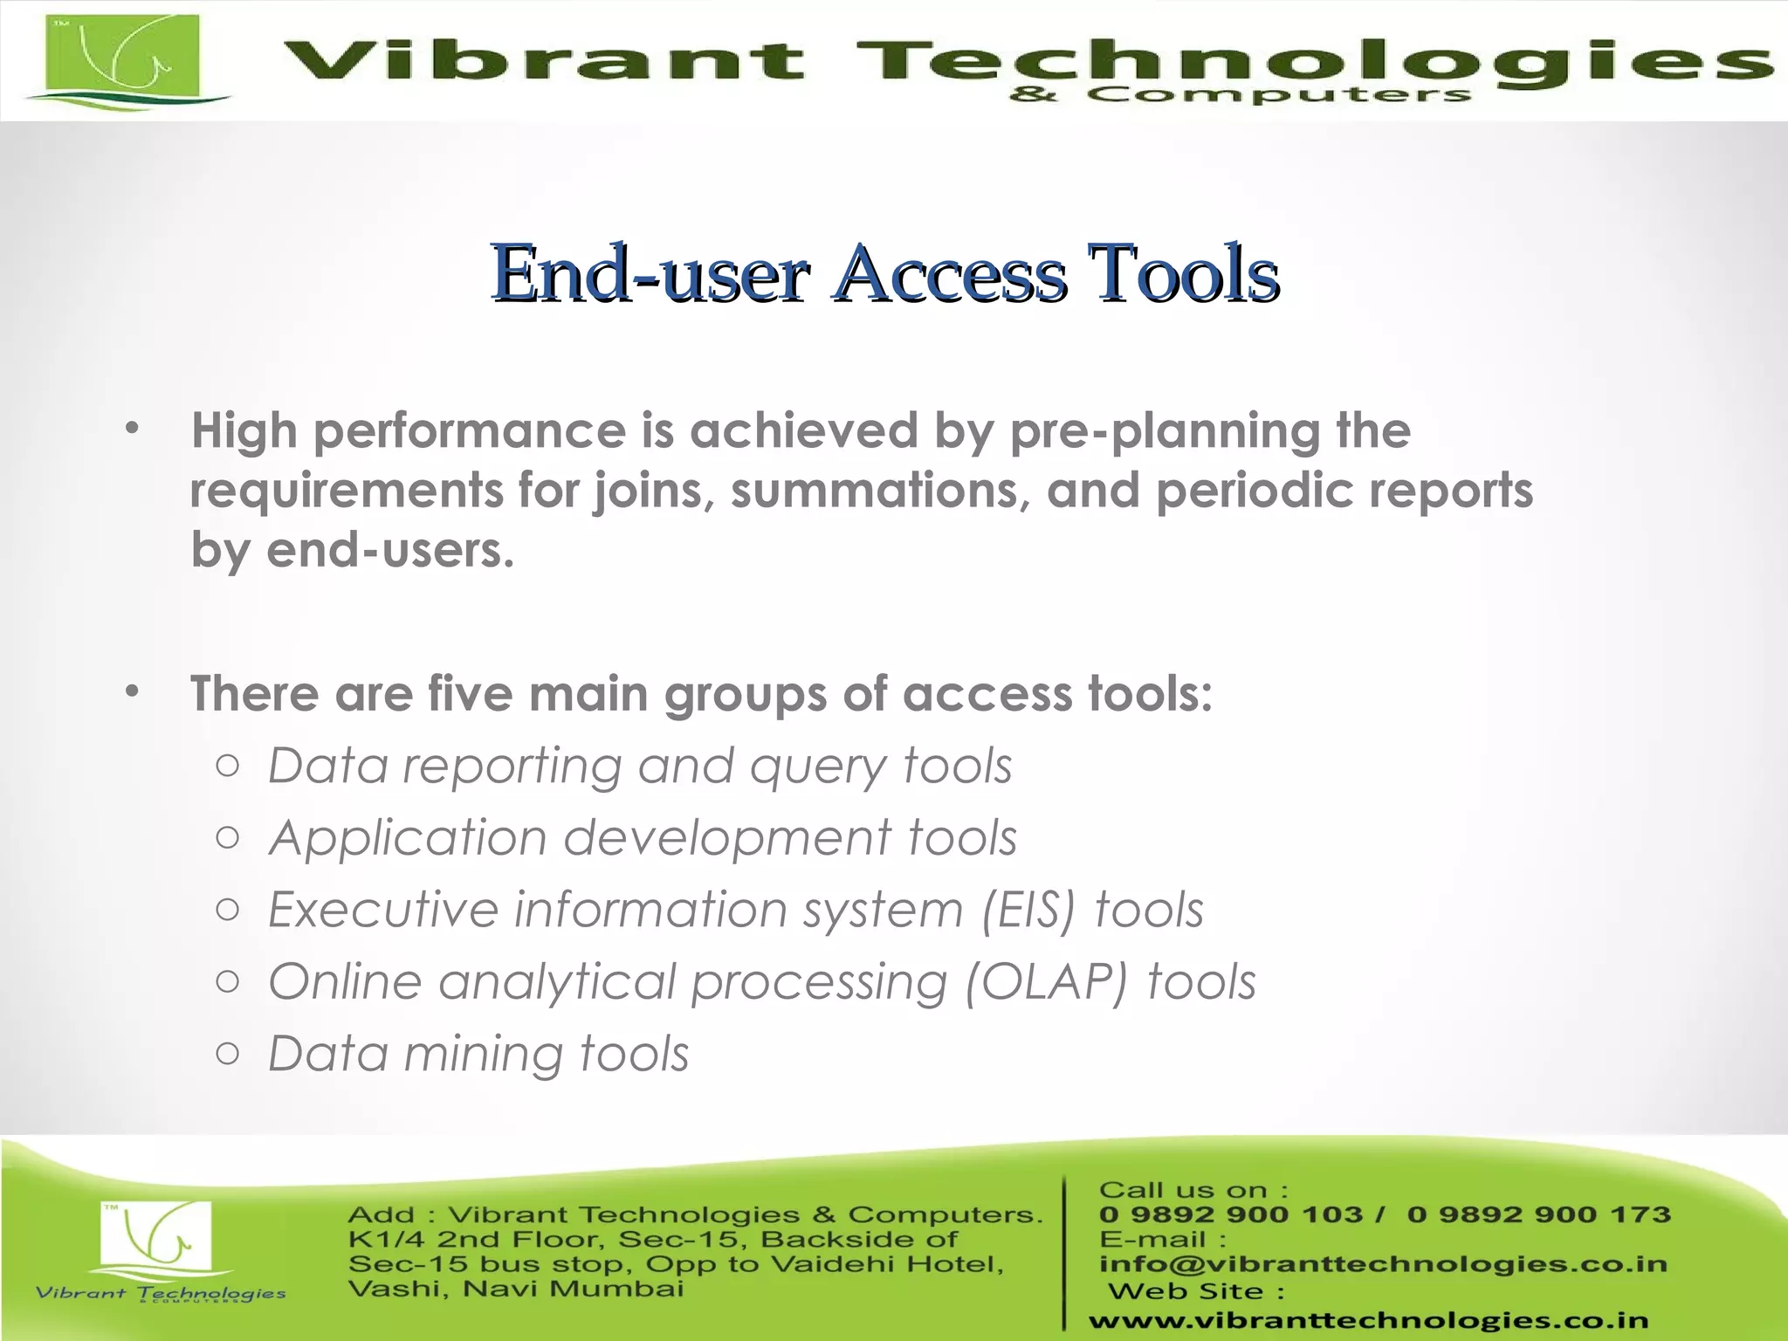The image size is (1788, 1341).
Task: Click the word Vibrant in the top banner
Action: pyautogui.click(x=541, y=61)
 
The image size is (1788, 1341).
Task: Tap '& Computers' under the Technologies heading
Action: pyautogui.click(x=1240, y=94)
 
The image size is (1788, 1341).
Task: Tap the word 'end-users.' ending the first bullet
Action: pyautogui.click(x=390, y=550)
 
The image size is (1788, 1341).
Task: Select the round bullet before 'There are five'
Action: pyautogui.click(x=132, y=692)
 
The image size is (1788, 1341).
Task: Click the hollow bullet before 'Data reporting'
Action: pyautogui.click(x=227, y=767)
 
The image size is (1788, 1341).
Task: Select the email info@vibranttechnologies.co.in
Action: pyautogui.click(x=1383, y=1264)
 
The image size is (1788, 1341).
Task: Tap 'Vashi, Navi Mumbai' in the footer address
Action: pyautogui.click(x=515, y=1289)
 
